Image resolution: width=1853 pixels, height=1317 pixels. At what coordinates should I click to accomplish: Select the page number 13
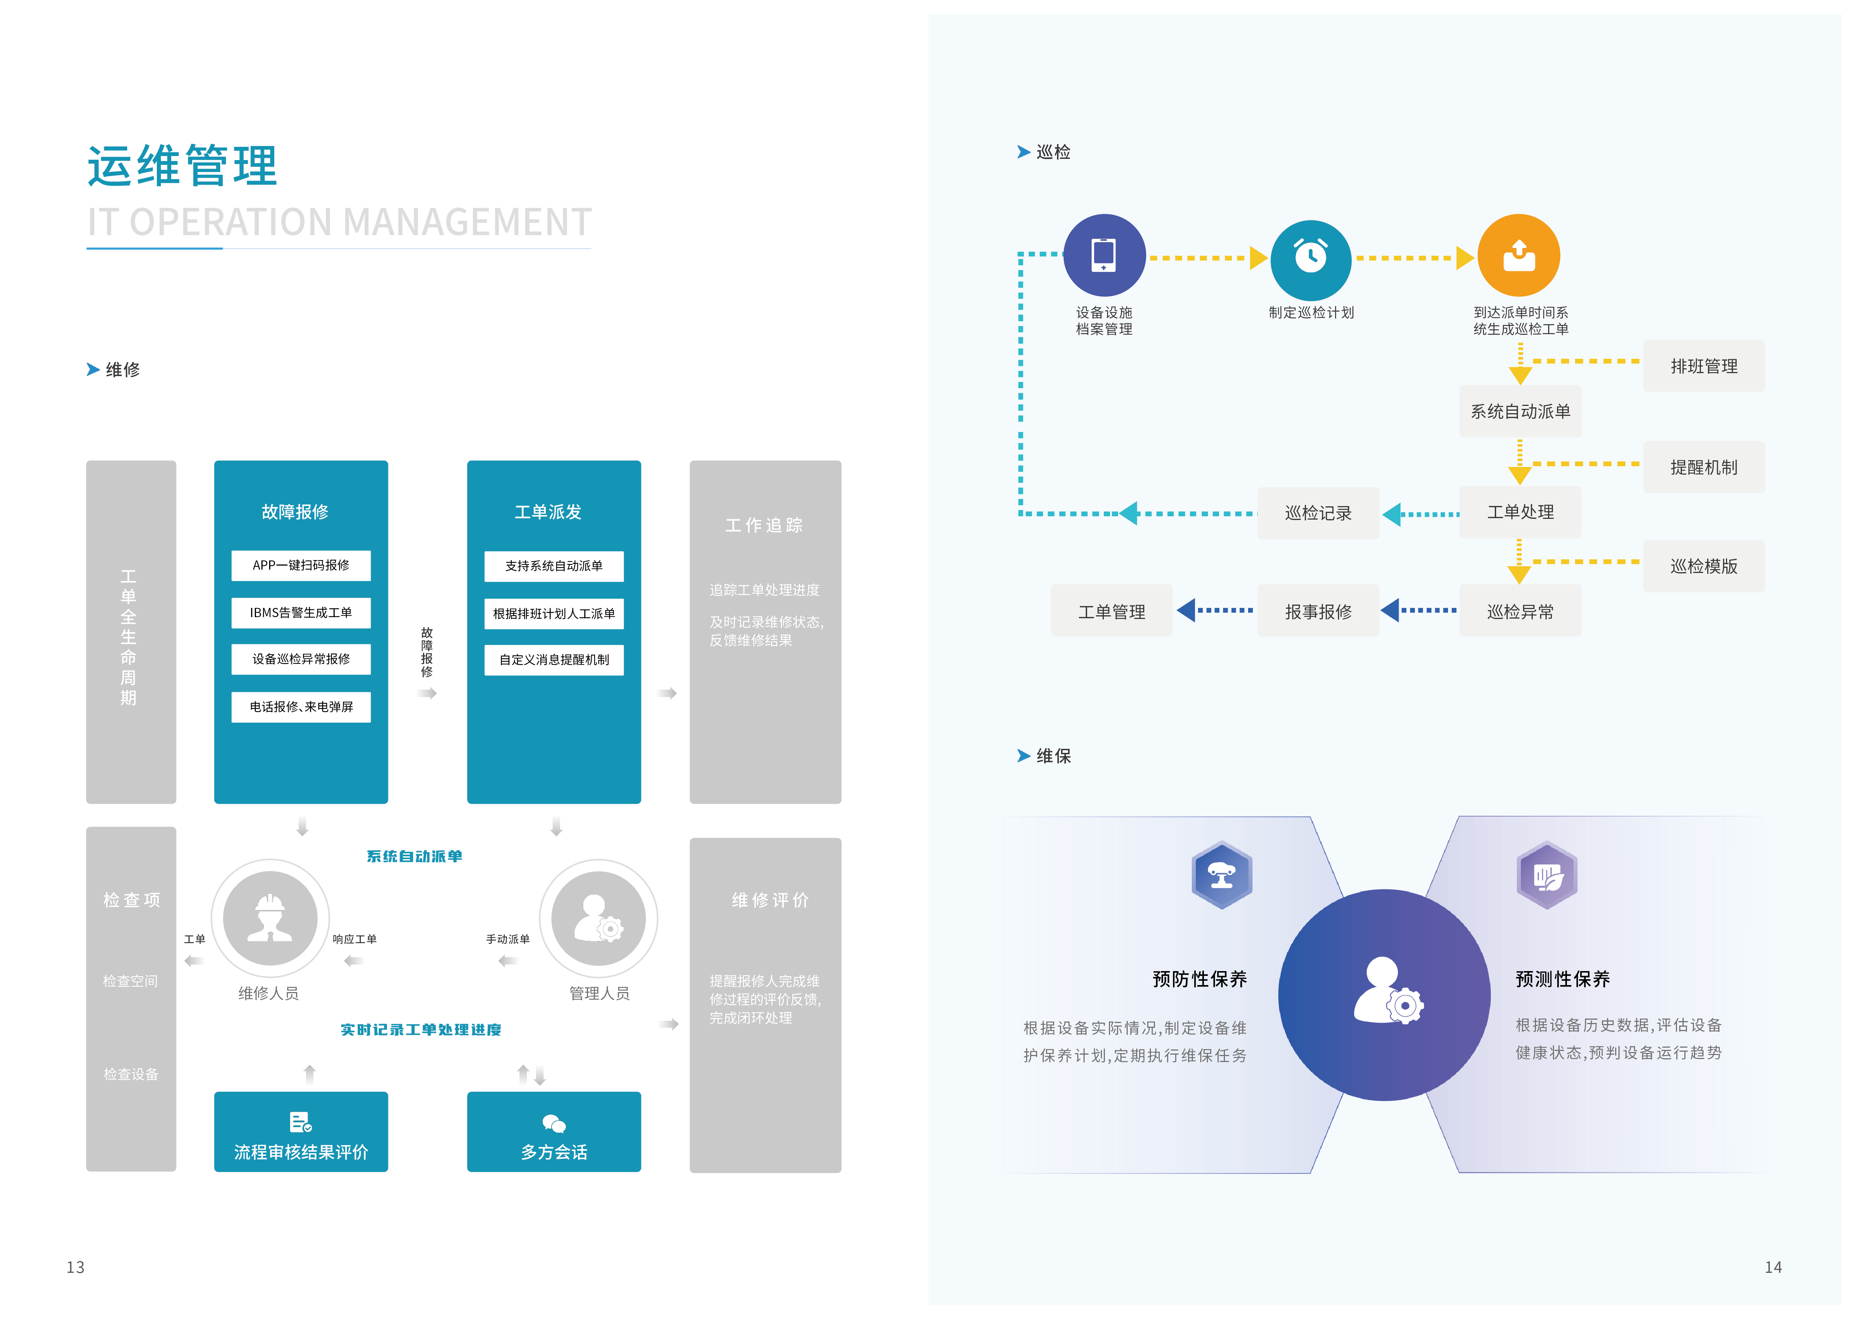[75, 1267]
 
